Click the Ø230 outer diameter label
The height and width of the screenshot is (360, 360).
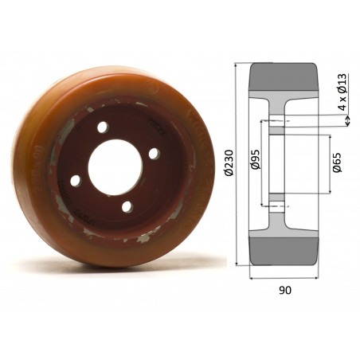click(x=229, y=164)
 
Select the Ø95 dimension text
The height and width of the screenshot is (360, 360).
click(x=254, y=162)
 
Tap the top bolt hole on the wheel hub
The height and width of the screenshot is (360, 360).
click(x=103, y=127)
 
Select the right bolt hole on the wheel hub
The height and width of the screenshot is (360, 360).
click(x=154, y=153)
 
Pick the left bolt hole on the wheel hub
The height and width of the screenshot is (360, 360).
click(x=75, y=181)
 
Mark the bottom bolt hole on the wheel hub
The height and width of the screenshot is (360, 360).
click(x=126, y=207)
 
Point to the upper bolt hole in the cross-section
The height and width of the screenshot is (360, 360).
click(x=275, y=120)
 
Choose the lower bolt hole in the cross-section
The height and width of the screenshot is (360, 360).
click(x=275, y=205)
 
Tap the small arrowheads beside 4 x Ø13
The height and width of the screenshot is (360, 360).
click(x=349, y=120)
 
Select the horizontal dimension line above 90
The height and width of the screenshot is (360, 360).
click(x=285, y=278)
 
